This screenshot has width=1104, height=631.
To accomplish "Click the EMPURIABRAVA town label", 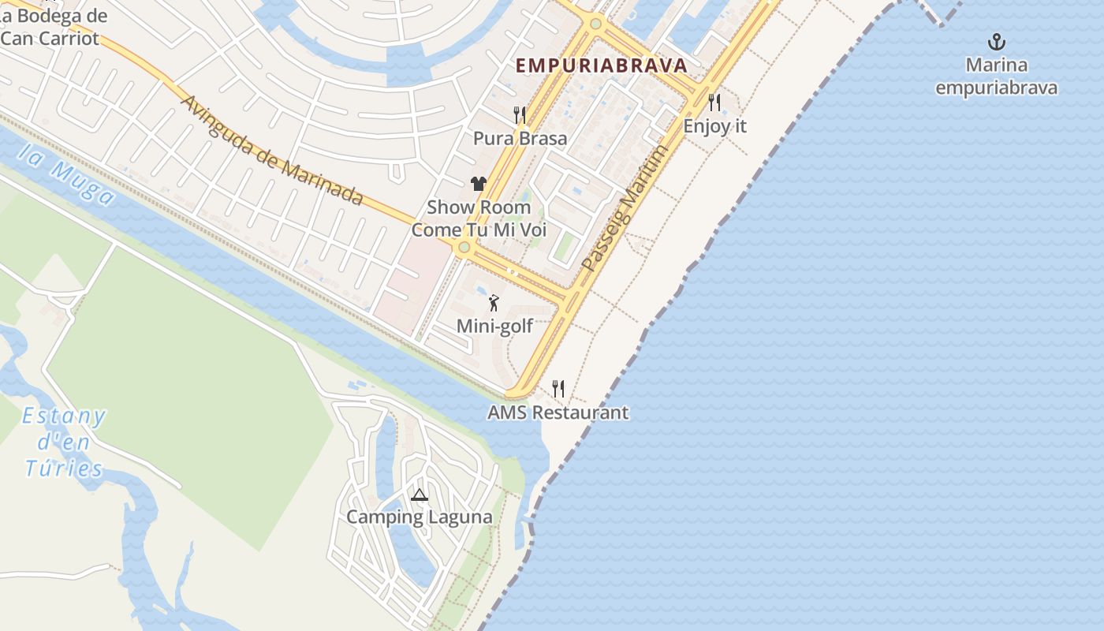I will (x=601, y=65).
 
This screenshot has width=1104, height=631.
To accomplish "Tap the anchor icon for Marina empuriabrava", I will (x=997, y=42).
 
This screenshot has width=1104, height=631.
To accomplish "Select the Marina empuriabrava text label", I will (x=997, y=76).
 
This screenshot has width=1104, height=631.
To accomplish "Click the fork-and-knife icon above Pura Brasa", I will (x=520, y=115).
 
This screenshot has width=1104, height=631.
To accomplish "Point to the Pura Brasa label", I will (x=520, y=139).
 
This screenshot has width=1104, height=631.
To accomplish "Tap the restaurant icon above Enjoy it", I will (x=714, y=102).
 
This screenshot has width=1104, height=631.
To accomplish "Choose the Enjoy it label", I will (x=714, y=126).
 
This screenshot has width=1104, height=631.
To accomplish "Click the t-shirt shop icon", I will (x=479, y=184).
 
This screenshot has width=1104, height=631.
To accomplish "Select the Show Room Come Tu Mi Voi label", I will (x=479, y=218).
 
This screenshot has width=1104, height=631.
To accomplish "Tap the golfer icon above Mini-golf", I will (x=494, y=302).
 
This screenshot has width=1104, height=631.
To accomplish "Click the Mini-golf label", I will (x=494, y=326).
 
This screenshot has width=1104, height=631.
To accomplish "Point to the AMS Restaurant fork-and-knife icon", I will (x=558, y=388).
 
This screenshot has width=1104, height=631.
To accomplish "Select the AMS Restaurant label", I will (x=558, y=413).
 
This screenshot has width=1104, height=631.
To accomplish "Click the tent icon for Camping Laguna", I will (x=419, y=495).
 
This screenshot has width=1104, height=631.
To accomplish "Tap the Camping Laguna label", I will (x=419, y=517).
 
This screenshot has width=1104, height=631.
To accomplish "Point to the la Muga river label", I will (x=66, y=176).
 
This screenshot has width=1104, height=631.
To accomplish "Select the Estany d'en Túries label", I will (x=64, y=442).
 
